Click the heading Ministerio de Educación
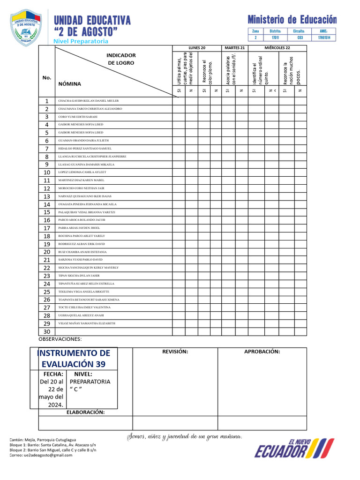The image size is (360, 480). (292, 20)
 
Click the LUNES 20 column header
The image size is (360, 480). (197, 48)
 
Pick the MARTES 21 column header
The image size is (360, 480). (234, 48)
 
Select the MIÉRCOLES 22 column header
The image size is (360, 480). (277, 48)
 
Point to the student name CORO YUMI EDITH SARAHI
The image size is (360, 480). (77, 116)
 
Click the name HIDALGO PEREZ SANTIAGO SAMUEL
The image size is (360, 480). (84, 148)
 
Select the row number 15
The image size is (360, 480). (47, 212)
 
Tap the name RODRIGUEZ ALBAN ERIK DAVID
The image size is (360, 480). (81, 244)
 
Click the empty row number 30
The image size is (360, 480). (47, 331)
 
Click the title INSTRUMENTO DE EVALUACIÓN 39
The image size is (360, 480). (74, 359)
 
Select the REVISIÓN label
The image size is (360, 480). (175, 352)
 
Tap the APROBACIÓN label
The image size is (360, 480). (262, 352)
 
